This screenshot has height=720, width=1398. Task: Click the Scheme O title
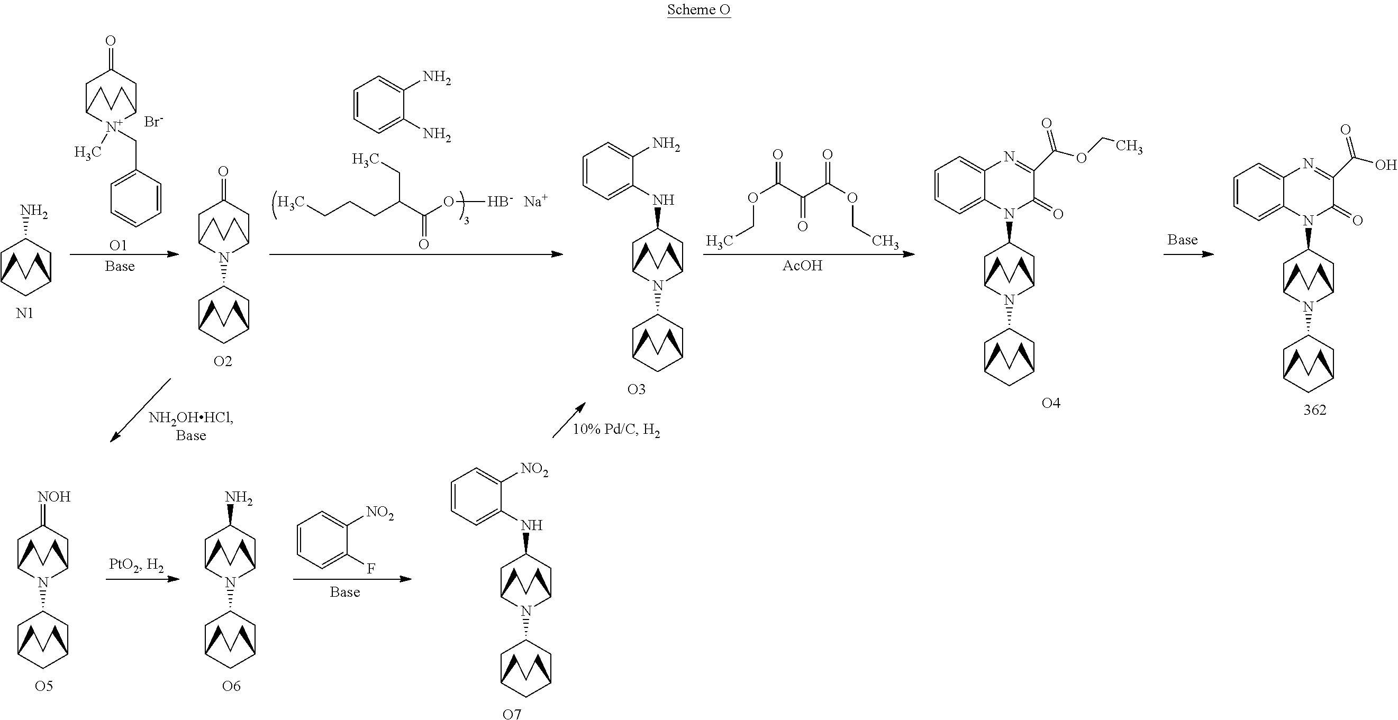pyautogui.click(x=698, y=10)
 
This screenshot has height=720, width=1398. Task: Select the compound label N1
pyautogui.click(x=24, y=313)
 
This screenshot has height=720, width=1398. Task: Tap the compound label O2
pyautogui.click(x=223, y=361)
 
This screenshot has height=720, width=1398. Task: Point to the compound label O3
pyautogui.click(x=636, y=389)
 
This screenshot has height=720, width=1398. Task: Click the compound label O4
pyautogui.click(x=1051, y=403)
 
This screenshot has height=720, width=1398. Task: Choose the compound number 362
pyautogui.click(x=1314, y=409)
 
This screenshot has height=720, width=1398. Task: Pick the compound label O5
pyautogui.click(x=44, y=686)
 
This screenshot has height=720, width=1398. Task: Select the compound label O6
pyautogui.click(x=231, y=686)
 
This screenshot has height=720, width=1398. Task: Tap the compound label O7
pyautogui.click(x=512, y=714)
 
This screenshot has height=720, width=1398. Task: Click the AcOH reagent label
pyautogui.click(x=802, y=266)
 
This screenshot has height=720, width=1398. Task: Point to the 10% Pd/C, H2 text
pyautogui.click(x=616, y=430)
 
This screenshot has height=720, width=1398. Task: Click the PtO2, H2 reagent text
pyautogui.click(x=136, y=565)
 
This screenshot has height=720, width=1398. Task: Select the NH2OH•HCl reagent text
pyautogui.click(x=191, y=418)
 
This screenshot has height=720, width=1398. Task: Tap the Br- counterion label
pyautogui.click(x=153, y=122)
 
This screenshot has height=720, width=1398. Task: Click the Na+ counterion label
pyautogui.click(x=535, y=202)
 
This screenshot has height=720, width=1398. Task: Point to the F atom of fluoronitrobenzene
pyautogui.click(x=371, y=569)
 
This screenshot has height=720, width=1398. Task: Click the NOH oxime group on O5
pyautogui.click(x=54, y=497)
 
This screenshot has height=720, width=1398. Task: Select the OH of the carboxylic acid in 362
pyautogui.click(x=1385, y=165)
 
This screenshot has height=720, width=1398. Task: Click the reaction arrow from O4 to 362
pyautogui.click(x=1188, y=254)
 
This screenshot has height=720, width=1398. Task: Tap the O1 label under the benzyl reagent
pyautogui.click(x=119, y=246)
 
